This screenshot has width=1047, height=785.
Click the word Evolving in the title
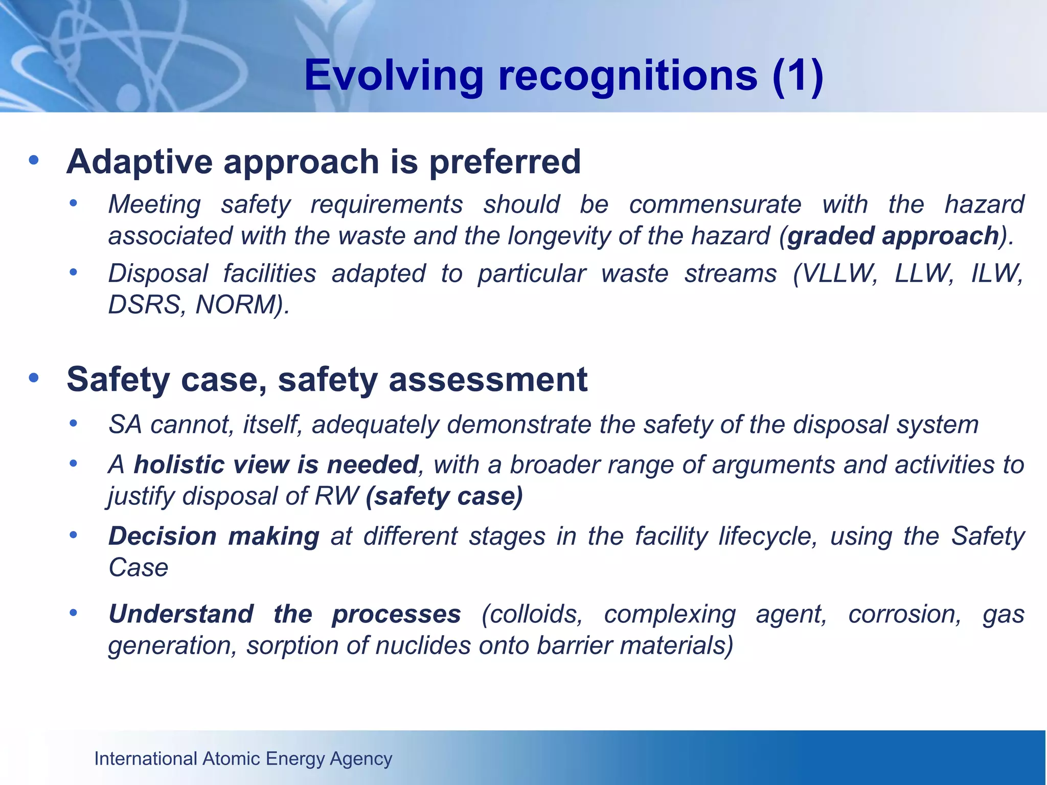click(393, 76)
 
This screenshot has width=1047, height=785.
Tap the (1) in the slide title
click(798, 76)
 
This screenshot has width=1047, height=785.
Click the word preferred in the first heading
click(505, 161)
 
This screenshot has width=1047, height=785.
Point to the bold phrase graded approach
click(893, 236)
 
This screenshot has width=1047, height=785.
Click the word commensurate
click(715, 204)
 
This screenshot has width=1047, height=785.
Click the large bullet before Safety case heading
click(34, 378)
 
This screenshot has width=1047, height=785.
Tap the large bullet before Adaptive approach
click(34, 160)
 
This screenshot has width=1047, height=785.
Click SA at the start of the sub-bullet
click(125, 425)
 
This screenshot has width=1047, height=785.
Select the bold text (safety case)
click(444, 496)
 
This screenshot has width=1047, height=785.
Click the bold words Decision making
click(214, 537)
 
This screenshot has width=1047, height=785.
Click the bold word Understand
click(181, 614)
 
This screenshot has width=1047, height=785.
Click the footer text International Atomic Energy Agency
click(243, 758)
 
